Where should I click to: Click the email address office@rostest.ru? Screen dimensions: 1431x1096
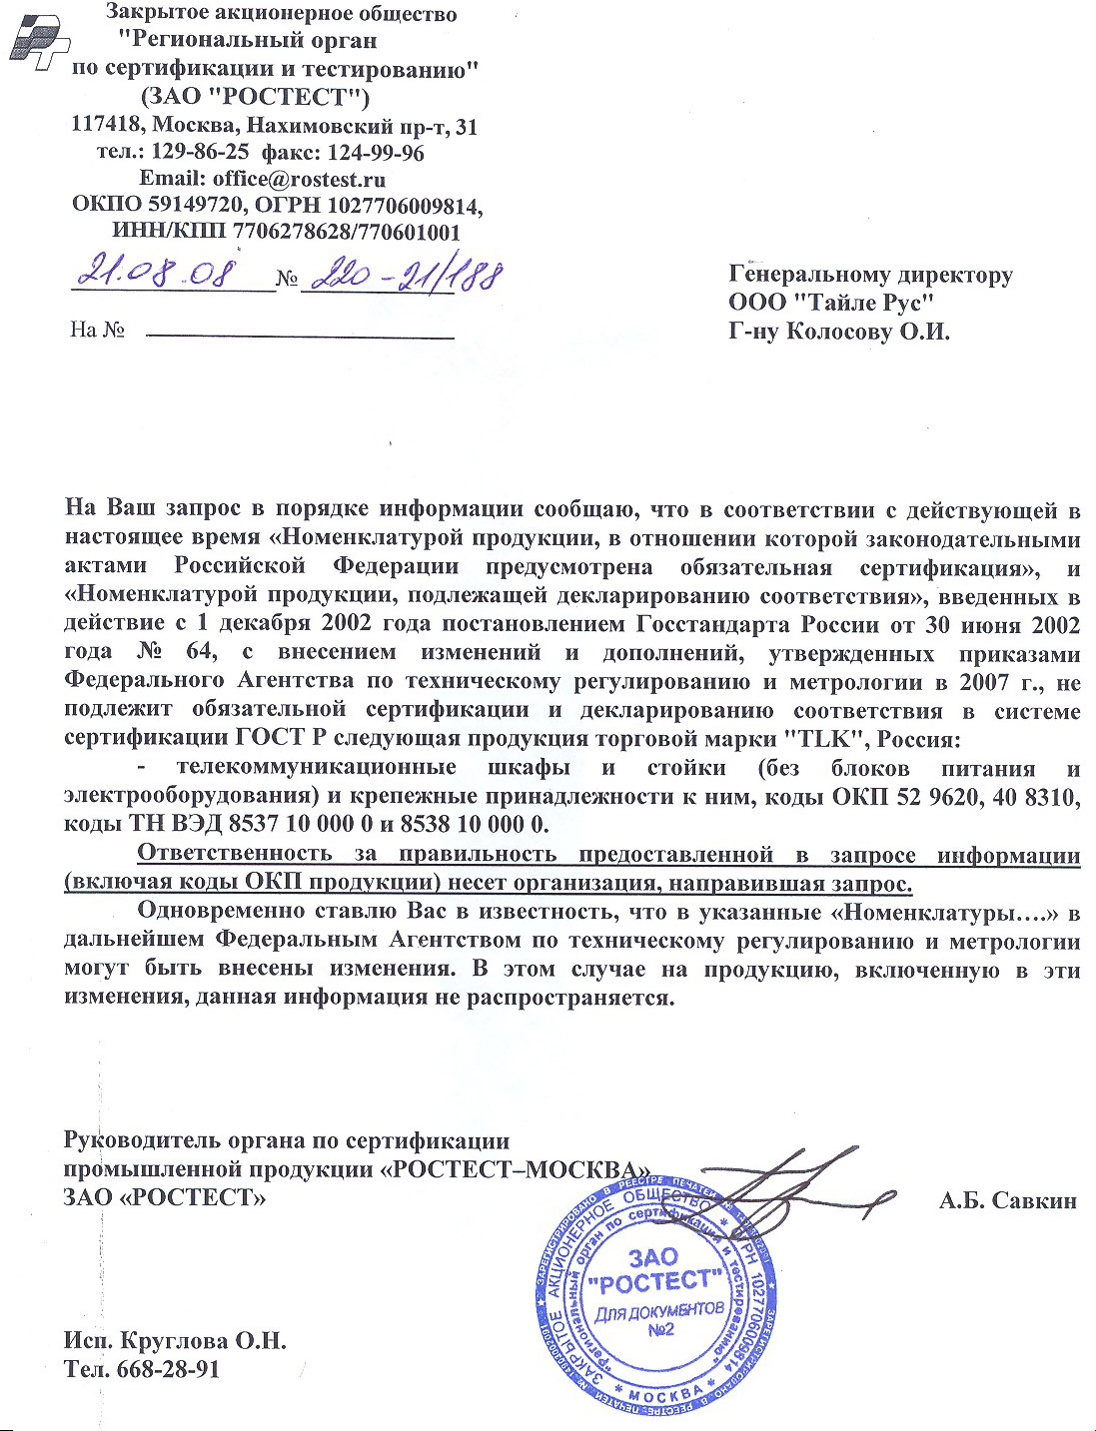point(299,180)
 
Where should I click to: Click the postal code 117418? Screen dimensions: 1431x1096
point(105,126)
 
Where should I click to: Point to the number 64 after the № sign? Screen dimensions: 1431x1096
point(200,653)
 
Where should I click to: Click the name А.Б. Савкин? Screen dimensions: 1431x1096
point(1007,1200)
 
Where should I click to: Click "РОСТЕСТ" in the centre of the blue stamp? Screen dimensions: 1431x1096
point(653,1281)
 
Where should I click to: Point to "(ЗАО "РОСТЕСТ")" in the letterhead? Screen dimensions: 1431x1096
point(255,97)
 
